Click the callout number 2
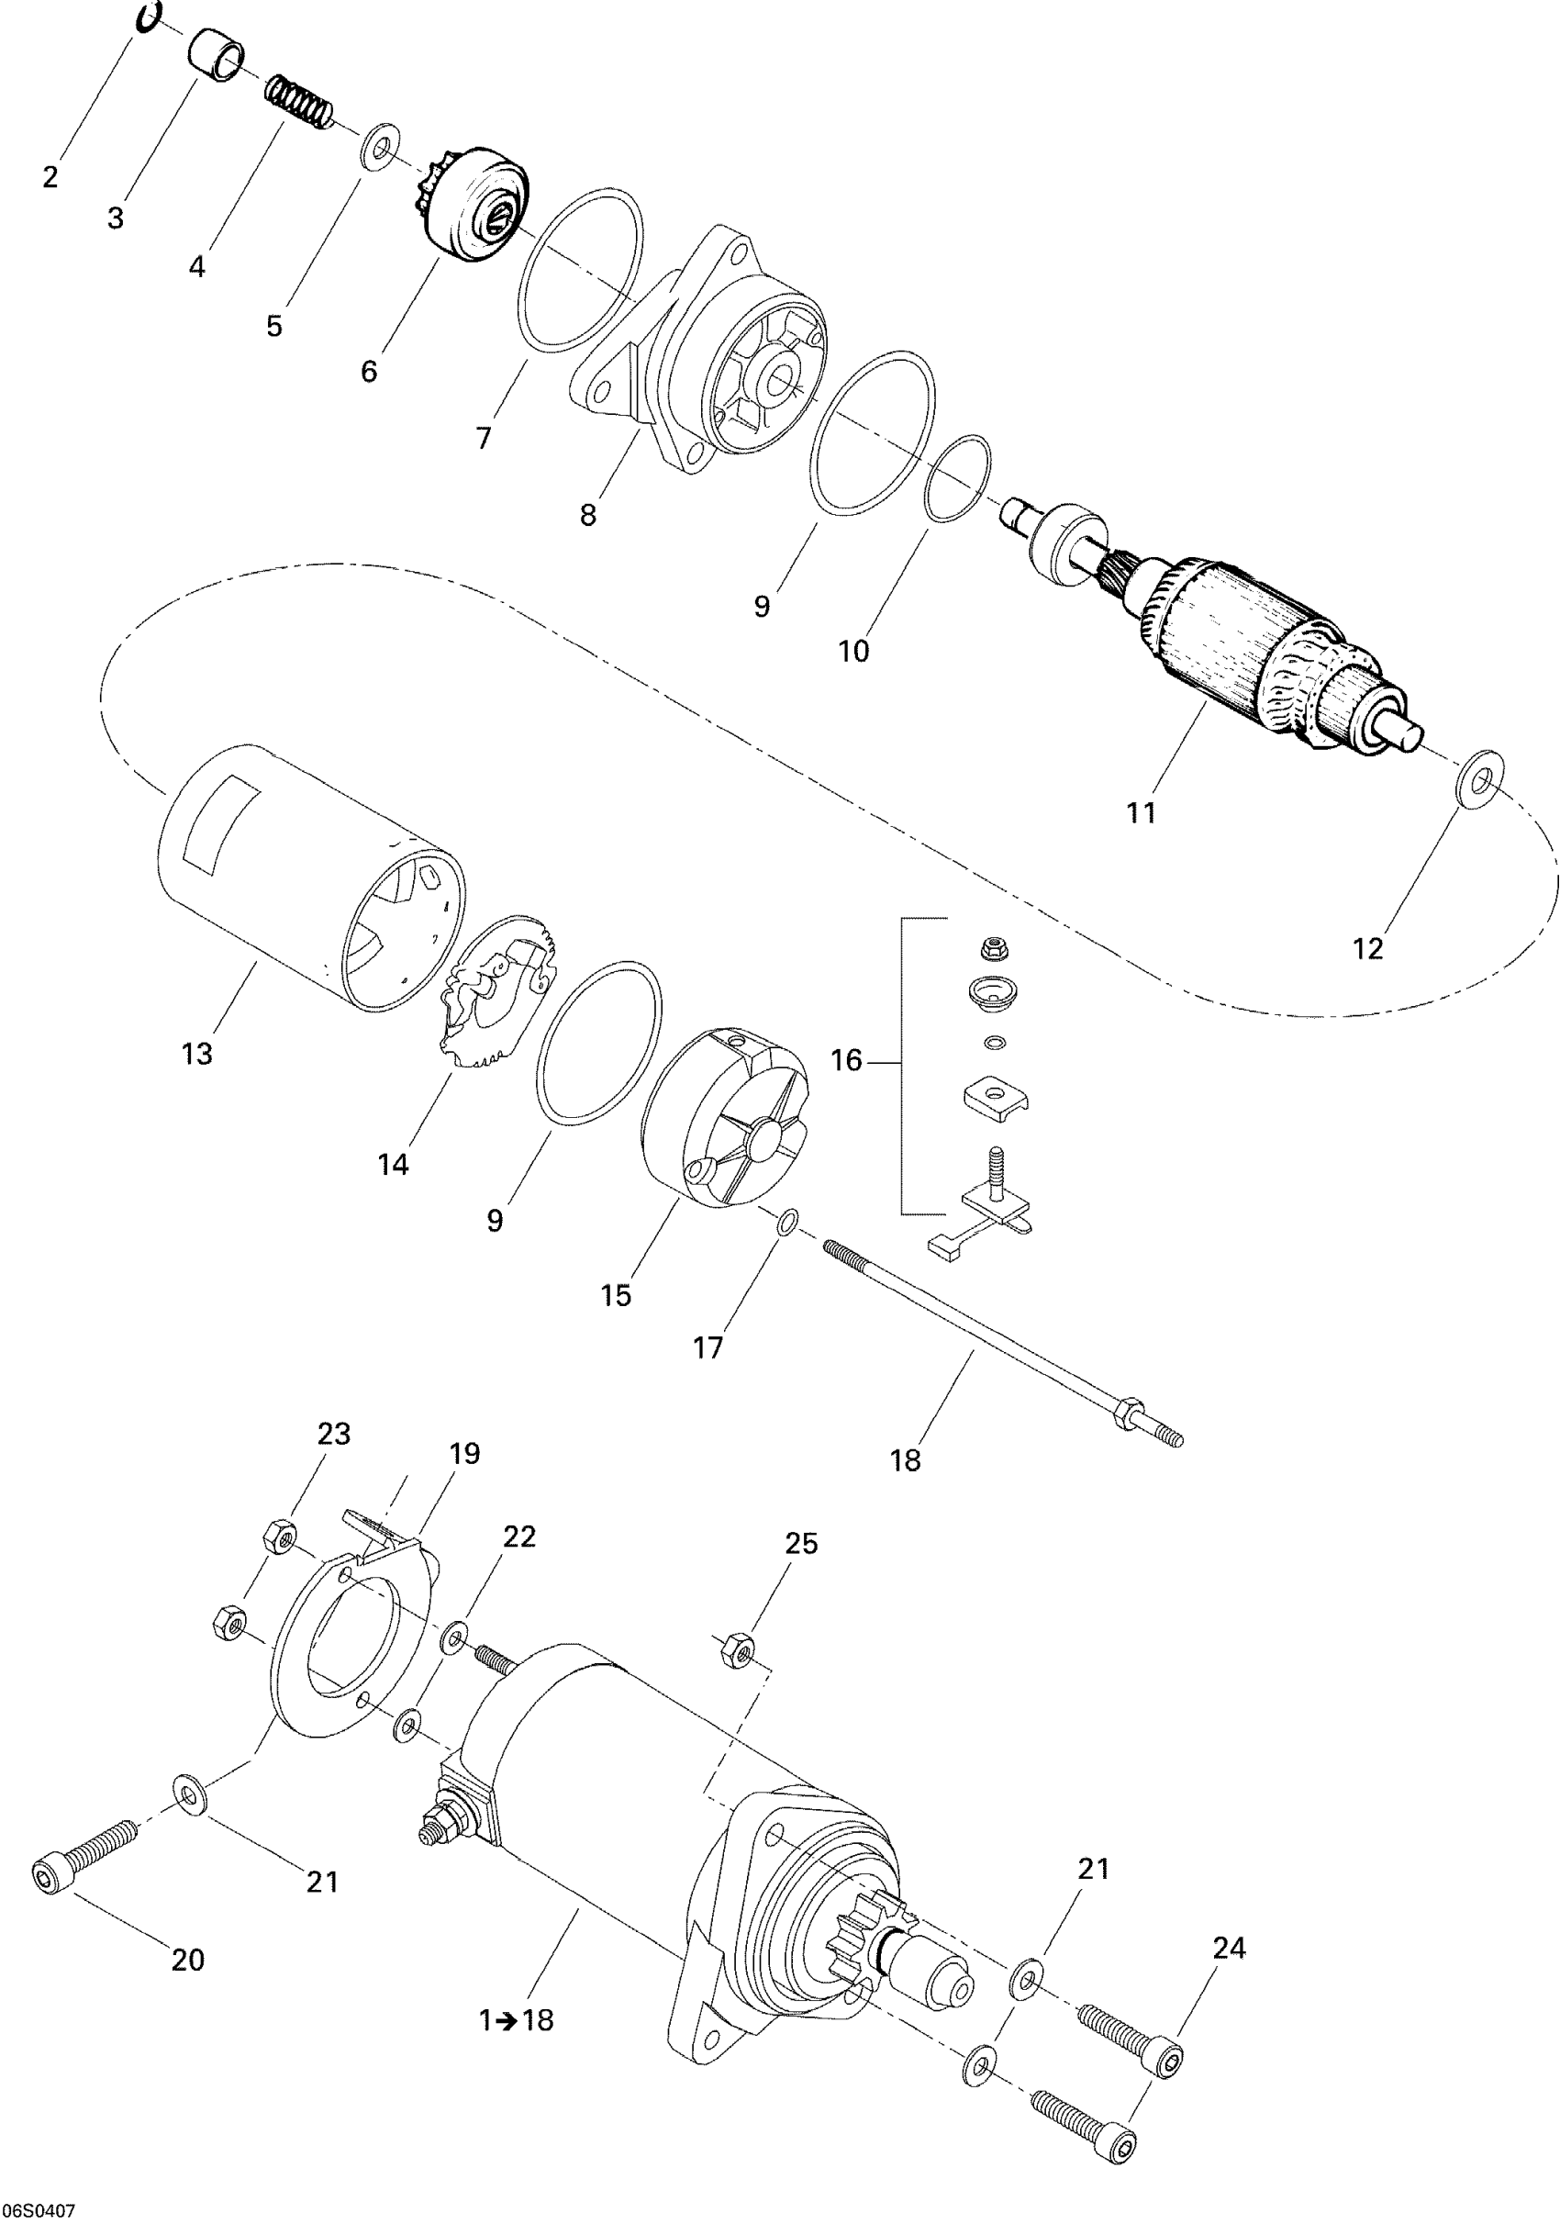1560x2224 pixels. coord(50,177)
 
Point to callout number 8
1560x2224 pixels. coord(588,515)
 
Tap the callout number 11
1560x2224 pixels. coord(1142,811)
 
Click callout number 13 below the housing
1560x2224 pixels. coord(196,1053)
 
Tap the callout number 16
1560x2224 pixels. coord(846,1061)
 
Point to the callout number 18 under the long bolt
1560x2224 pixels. coord(906,1459)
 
